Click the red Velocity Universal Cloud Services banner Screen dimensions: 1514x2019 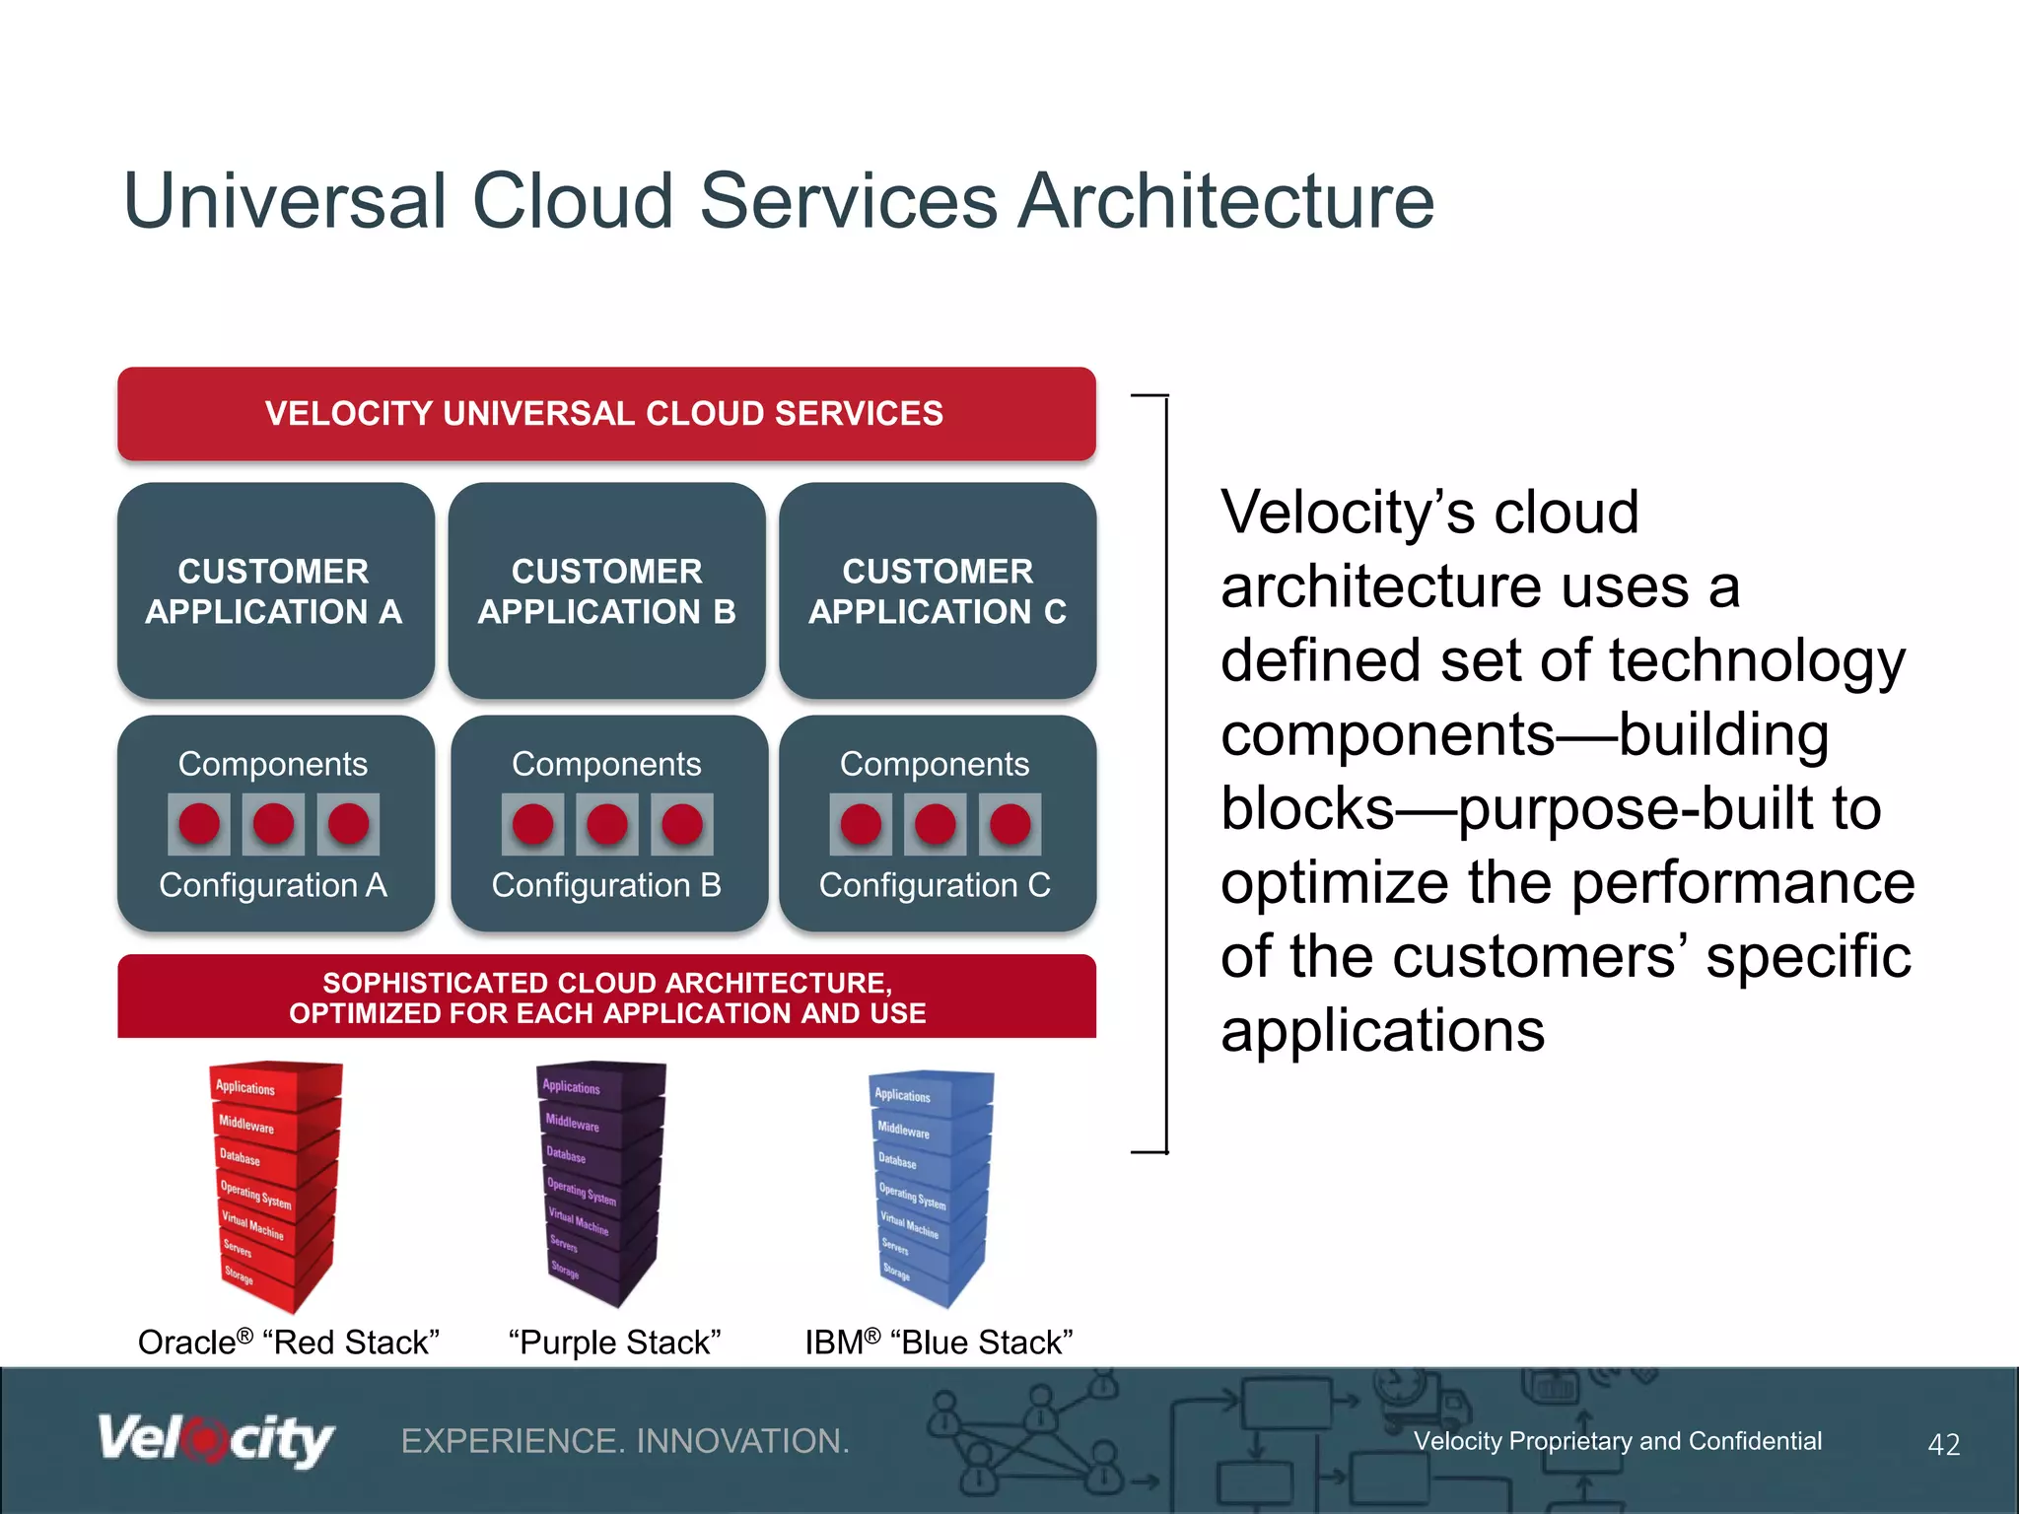pos(605,413)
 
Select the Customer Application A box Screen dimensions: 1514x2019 pos(274,590)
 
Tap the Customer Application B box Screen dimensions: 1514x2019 pos(606,590)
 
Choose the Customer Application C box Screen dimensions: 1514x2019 pos(938,590)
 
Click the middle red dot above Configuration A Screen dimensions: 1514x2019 pos(273,824)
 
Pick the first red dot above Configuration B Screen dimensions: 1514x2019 pos(532,824)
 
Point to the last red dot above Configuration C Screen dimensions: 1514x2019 pos(1009,824)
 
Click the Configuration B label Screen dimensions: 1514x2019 pos(606,885)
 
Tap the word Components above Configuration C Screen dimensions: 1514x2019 pos(934,764)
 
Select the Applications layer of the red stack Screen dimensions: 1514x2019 pos(246,1087)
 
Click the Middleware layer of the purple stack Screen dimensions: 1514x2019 pos(573,1123)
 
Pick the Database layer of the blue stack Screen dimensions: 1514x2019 pos(898,1161)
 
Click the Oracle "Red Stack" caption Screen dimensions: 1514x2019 pos(288,1342)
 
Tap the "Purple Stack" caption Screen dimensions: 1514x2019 pos(615,1342)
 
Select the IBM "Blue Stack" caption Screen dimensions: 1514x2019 pos(939,1342)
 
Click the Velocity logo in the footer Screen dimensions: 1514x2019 pos(215,1441)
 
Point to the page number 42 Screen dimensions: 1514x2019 pos(1943,1445)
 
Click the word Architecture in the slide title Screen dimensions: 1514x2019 pos(1225,201)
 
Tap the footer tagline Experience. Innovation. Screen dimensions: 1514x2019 pos(625,1441)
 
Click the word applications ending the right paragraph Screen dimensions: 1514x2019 pos(1382,1031)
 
